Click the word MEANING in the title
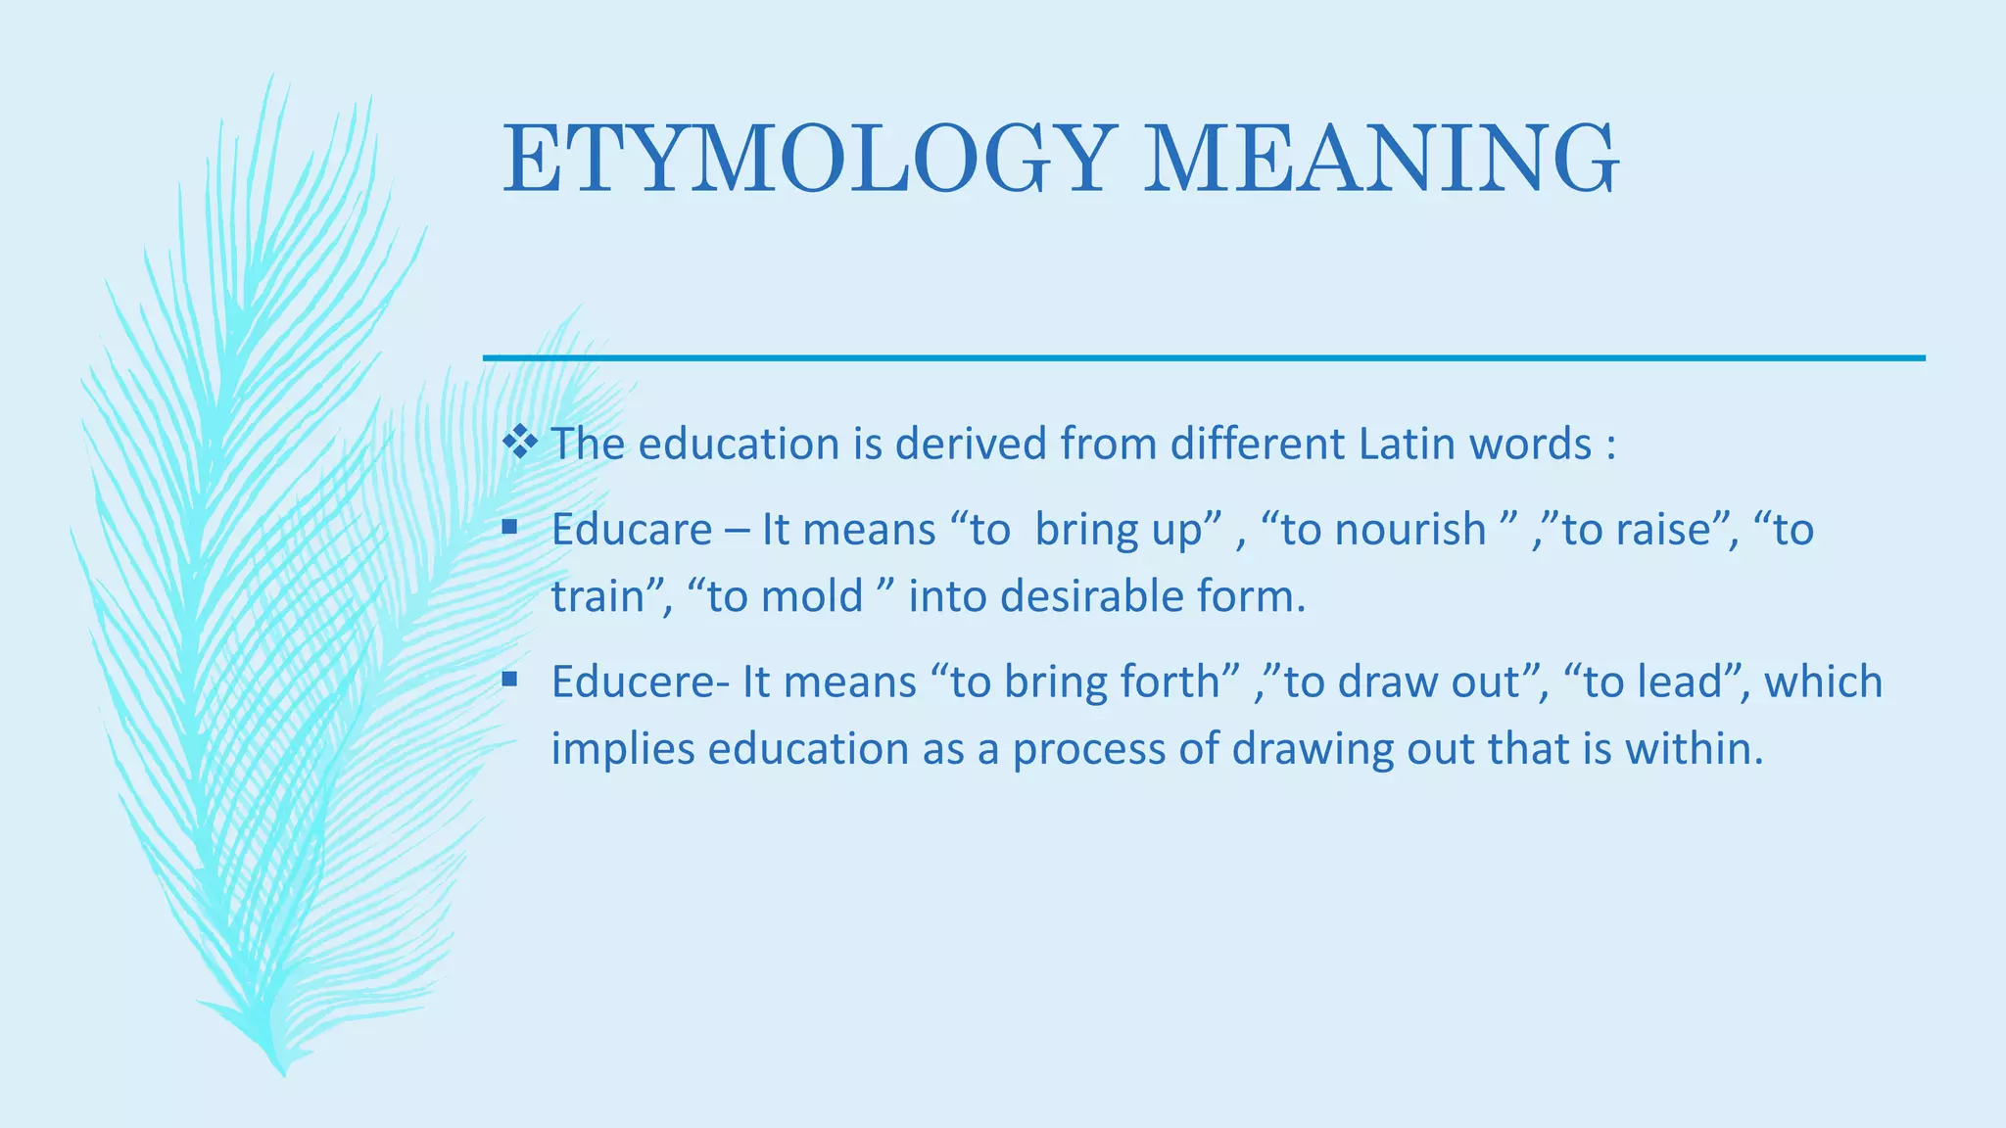pyautogui.click(x=1381, y=159)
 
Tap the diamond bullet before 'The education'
pyautogui.click(x=520, y=443)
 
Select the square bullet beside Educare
pyautogui.click(x=509, y=527)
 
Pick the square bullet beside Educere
pyautogui.click(x=509, y=679)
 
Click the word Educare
pyautogui.click(x=632, y=530)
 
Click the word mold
pyautogui.click(x=815, y=596)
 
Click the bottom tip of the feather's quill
pyautogui.click(x=283, y=1074)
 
